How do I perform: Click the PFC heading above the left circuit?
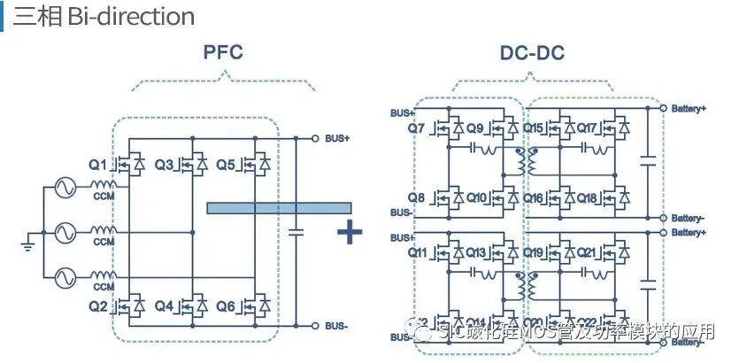pyautogui.click(x=222, y=52)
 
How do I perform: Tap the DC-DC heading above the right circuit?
pyautogui.click(x=532, y=53)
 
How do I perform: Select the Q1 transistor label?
pyautogui.click(x=97, y=165)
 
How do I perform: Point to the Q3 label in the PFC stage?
pyautogui.click(x=165, y=165)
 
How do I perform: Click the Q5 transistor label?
pyautogui.click(x=225, y=165)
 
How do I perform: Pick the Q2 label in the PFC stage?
pyautogui.click(x=97, y=306)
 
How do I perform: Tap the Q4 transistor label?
pyautogui.click(x=165, y=306)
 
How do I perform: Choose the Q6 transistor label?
pyautogui.click(x=225, y=306)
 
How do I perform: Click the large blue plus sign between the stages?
pyautogui.click(x=350, y=232)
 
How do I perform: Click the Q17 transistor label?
pyautogui.click(x=588, y=129)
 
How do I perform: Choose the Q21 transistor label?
pyautogui.click(x=588, y=253)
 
